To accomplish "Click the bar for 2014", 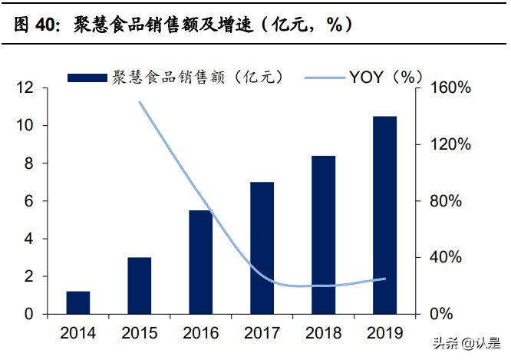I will pyautogui.click(x=78, y=302).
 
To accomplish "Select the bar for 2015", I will pyautogui.click(x=140, y=286).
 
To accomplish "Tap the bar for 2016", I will pyautogui.click(x=201, y=262).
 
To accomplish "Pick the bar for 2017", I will pyautogui.click(x=262, y=248).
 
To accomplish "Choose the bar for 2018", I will pyautogui.click(x=324, y=235).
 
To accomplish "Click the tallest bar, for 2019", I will pyautogui.click(x=385, y=215).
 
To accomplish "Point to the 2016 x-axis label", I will pyautogui.click(x=201, y=333).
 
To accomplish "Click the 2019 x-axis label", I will pyautogui.click(x=385, y=333).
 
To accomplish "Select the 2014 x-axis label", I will pyautogui.click(x=78, y=333).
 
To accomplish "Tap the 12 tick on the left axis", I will pyautogui.click(x=26, y=88).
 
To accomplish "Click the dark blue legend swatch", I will pyautogui.click(x=87, y=78).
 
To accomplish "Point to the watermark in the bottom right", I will pyautogui.click(x=466, y=344).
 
